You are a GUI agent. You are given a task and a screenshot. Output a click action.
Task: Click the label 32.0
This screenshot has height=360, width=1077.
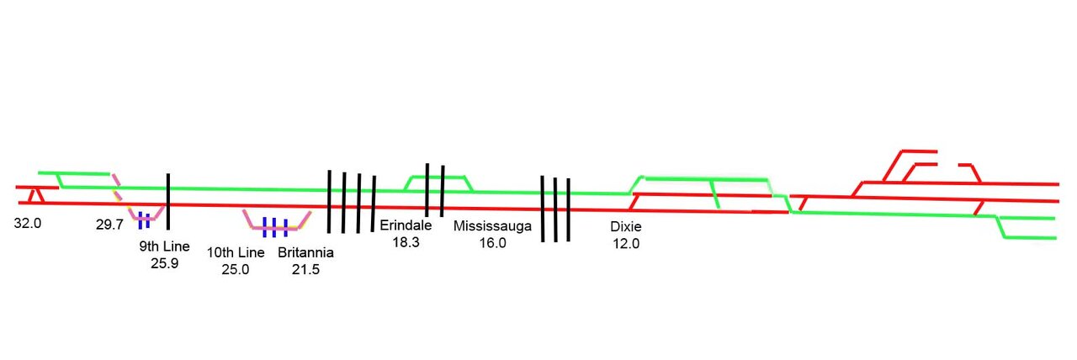coord(27,225)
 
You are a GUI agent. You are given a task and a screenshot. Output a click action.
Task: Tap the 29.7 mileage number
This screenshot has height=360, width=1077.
coord(110,225)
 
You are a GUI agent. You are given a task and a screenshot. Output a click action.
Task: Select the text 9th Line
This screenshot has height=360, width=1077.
coord(164,247)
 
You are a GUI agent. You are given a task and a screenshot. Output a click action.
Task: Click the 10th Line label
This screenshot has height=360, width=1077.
coord(236,253)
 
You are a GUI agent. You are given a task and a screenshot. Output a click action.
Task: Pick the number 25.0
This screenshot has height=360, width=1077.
coord(236,269)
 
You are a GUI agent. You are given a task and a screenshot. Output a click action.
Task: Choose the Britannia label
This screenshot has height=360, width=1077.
coord(305,253)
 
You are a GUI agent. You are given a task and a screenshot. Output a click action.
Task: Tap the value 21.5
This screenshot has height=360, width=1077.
coord(305,269)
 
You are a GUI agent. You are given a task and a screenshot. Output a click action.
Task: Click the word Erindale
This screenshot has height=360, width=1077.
coord(406,225)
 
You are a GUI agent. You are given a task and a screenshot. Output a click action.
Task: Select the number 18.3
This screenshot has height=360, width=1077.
coord(406,241)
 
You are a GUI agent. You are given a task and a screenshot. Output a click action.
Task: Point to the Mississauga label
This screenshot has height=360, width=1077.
coord(492,226)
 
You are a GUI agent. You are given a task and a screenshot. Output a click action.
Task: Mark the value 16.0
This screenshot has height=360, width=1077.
coord(492,242)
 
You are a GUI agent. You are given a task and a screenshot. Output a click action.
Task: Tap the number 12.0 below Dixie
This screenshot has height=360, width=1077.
coord(625,243)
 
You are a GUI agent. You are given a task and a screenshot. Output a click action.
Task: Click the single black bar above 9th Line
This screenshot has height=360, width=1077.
coord(168,201)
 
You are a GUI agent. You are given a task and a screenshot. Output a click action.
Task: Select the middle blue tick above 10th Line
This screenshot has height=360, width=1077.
coord(275,226)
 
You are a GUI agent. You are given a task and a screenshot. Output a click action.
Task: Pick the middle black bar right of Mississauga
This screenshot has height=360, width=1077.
coord(555,209)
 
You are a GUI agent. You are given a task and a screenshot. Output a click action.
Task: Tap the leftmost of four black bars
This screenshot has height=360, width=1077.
coord(329,201)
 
